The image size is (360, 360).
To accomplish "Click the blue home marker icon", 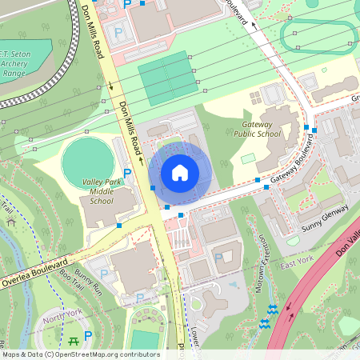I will click(180, 172).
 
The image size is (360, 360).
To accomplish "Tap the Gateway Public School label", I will click(258, 130).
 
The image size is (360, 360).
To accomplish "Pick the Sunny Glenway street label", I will click(326, 219).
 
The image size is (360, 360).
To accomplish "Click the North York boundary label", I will click(63, 319).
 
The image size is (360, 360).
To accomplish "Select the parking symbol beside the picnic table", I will click(88, 336).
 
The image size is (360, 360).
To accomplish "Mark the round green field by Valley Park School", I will click(87, 158).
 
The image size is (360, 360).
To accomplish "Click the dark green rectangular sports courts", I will click(166, 75).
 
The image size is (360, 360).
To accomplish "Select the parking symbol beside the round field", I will click(127, 173).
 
